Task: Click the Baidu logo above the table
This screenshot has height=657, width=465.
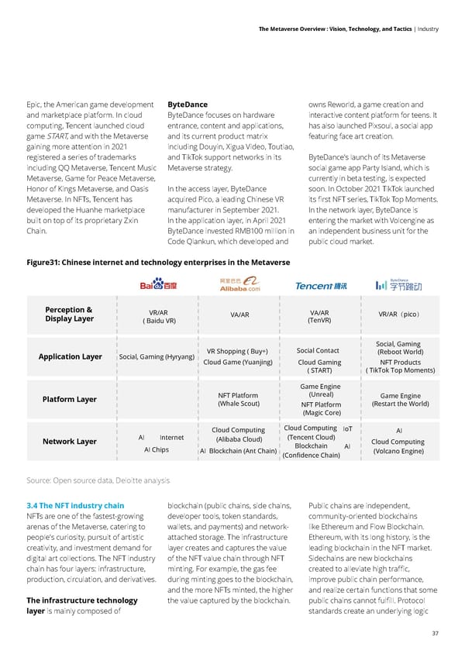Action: pos(159,286)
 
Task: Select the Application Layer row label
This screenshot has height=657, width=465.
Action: pos(70,356)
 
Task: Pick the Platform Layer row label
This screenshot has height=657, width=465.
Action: pos(70,399)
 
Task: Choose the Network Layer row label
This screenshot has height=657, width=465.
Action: pos(70,442)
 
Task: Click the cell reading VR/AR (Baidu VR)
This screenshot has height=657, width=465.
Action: pos(159,316)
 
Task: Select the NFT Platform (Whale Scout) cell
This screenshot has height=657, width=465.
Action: pos(239,399)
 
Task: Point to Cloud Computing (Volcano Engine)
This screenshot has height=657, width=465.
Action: pos(398,447)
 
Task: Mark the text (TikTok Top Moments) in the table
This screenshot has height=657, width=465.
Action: pos(399,370)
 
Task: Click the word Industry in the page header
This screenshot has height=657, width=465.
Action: pos(427,29)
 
